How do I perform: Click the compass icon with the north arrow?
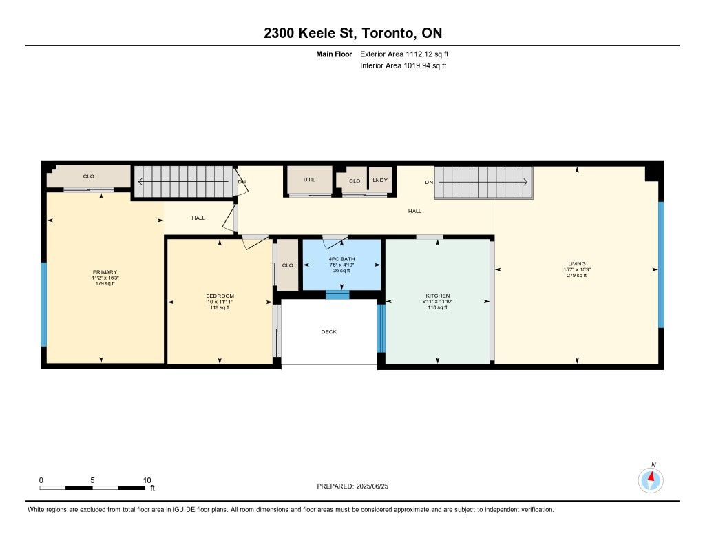pyautogui.click(x=651, y=481)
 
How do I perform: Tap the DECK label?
pyautogui.click(x=328, y=331)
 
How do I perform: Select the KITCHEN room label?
pyautogui.click(x=437, y=296)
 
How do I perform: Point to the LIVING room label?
pyautogui.click(x=577, y=264)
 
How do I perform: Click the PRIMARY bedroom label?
pyautogui.click(x=105, y=272)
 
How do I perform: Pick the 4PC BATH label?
pyautogui.click(x=341, y=259)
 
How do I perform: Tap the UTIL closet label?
pyautogui.click(x=309, y=180)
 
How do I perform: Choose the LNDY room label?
pyautogui.click(x=380, y=180)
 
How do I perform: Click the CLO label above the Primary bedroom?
pyautogui.click(x=89, y=176)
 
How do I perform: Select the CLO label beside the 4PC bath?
pyautogui.click(x=287, y=265)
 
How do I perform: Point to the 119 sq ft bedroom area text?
pyautogui.click(x=220, y=307)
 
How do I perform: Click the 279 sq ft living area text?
pyautogui.click(x=577, y=275)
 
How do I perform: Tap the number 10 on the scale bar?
pyautogui.click(x=147, y=480)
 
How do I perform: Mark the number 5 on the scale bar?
pyautogui.click(x=92, y=480)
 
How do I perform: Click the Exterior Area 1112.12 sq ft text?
pyautogui.click(x=404, y=54)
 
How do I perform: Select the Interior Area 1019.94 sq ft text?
pyautogui.click(x=403, y=65)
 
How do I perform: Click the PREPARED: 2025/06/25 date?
pyautogui.click(x=352, y=486)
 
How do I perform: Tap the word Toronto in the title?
pyautogui.click(x=388, y=33)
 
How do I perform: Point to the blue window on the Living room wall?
pyautogui.click(x=661, y=265)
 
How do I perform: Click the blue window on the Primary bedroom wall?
pyautogui.click(x=43, y=305)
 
